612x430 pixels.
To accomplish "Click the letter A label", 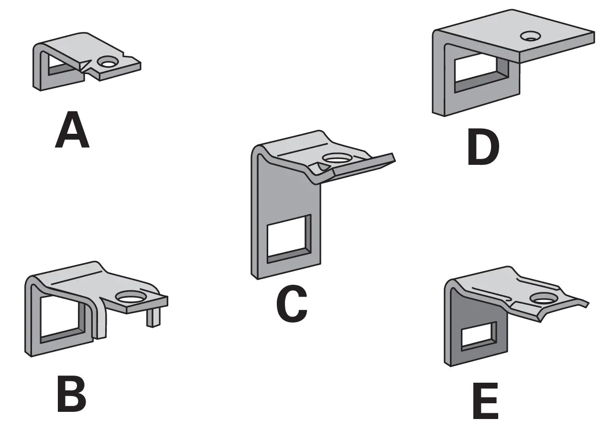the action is (x=72, y=129).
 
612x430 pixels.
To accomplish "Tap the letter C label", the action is (x=292, y=303).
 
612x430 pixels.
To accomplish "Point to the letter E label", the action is (x=485, y=400).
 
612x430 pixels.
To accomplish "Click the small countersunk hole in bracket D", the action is (x=530, y=36).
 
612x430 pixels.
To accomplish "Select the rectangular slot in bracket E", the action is (x=479, y=336).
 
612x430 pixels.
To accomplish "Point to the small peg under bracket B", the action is (x=153, y=319).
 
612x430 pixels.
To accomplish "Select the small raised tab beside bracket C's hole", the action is (x=320, y=167).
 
